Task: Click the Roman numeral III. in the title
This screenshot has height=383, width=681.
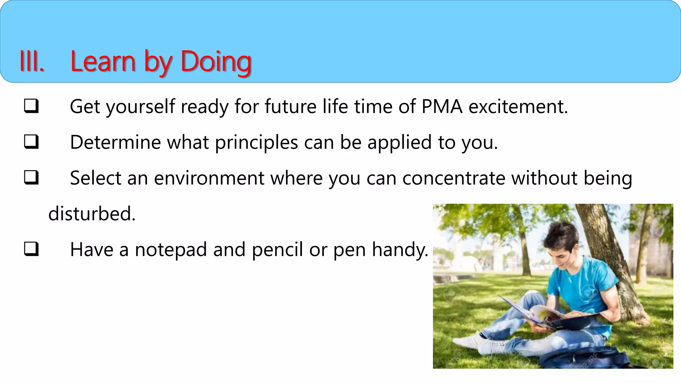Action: click(32, 62)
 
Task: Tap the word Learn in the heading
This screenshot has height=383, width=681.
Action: click(103, 62)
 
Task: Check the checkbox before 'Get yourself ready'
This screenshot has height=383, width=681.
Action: click(31, 106)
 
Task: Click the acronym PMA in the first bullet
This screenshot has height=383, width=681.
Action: click(442, 107)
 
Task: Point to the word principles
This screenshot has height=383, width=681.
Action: click(256, 143)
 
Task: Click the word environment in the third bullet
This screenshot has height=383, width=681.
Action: click(209, 178)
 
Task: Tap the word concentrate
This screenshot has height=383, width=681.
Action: click(454, 178)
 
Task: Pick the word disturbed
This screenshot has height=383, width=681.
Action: click(92, 214)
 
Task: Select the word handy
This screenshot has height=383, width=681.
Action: click(400, 250)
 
